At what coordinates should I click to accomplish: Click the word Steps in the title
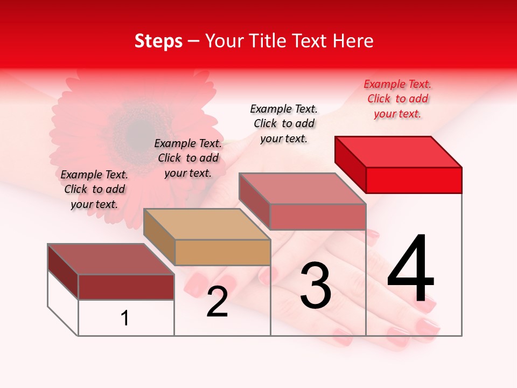point(158,41)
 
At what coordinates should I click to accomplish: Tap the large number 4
point(411,269)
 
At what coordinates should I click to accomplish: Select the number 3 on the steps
point(316,285)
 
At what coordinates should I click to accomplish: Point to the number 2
point(217,302)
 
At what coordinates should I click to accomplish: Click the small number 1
point(125,318)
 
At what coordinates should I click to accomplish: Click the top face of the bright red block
point(397,151)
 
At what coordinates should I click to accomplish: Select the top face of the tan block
point(206,224)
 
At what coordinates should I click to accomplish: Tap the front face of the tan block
point(222,252)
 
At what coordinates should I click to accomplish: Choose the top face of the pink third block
point(302,188)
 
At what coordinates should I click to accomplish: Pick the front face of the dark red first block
point(126,287)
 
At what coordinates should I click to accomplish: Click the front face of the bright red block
point(414,180)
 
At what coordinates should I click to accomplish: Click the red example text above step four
point(397,99)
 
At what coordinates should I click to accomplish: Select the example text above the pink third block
point(284,123)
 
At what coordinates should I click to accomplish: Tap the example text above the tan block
point(188,158)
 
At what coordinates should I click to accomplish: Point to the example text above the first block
point(94,189)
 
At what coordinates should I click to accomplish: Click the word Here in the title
point(353,41)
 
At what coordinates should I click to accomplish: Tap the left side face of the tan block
point(159,235)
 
